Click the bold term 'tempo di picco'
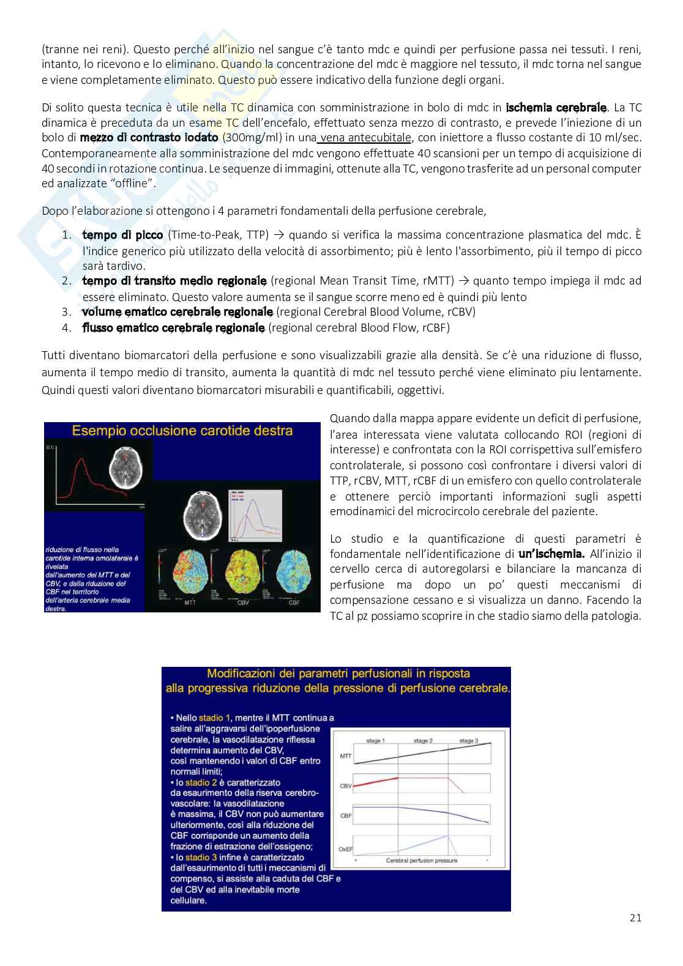coord(122,235)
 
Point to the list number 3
coord(67,311)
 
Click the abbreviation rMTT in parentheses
coord(436,281)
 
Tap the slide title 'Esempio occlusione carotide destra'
coord(182,431)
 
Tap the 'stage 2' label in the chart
coord(423,741)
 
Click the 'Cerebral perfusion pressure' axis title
coord(422,860)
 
